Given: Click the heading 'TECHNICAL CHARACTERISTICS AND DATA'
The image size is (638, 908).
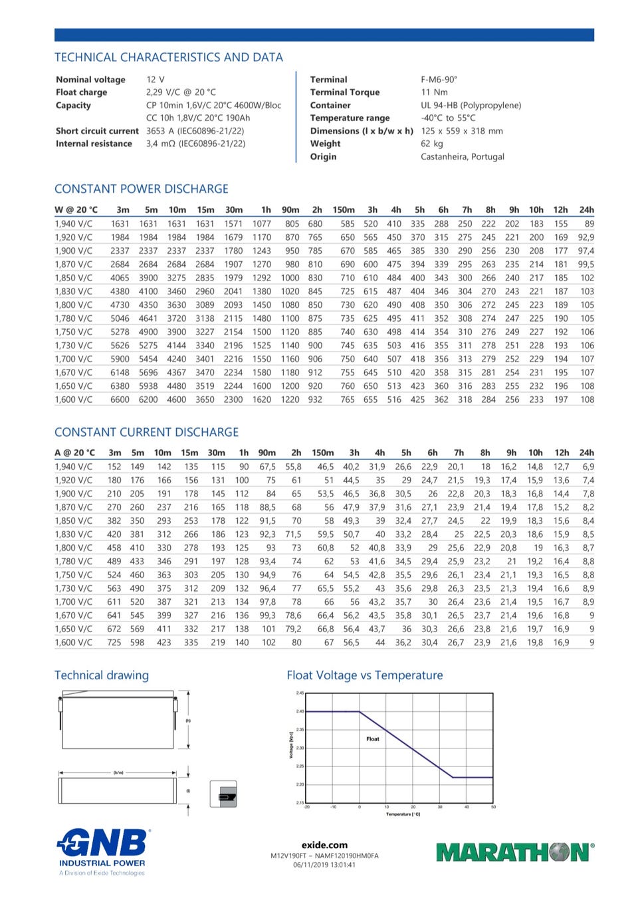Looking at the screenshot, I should pos(169,57).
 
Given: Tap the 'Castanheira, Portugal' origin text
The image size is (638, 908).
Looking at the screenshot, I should pos(463,157).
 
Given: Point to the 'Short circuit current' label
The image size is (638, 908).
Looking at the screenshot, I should pos(97,131).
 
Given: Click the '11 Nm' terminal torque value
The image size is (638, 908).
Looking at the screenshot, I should pos(435,92).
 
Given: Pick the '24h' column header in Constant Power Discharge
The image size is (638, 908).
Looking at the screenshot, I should pos(586,209).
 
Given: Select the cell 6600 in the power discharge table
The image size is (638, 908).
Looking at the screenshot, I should pos(120,399).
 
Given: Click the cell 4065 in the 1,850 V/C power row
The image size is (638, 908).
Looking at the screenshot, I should pos(120,278).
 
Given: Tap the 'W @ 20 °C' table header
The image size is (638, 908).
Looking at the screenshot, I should pos(76,209).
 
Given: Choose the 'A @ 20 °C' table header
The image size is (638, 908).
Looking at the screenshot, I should pos(74,453).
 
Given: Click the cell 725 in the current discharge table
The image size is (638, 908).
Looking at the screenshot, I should pos(114,643).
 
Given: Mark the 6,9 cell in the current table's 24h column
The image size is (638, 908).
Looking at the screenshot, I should pos(588,467).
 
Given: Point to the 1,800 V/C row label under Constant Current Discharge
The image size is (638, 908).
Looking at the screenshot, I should pos(73,548).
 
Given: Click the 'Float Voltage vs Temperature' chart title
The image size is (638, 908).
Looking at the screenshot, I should pos(365,675).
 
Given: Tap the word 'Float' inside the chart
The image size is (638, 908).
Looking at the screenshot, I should pos(373,738).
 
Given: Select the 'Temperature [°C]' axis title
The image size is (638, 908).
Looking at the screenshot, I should pos(403,814).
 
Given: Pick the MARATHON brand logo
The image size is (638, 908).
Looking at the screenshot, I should pos(514,852).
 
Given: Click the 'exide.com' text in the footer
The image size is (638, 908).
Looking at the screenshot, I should pos(324,845).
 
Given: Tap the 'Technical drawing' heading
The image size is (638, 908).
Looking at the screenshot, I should pos(102,675).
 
